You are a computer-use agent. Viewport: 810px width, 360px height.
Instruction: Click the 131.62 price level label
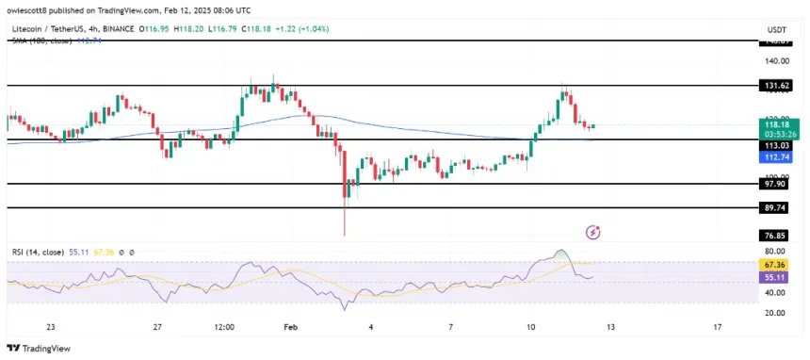778,85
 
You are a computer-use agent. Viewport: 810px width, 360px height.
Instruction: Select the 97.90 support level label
778,185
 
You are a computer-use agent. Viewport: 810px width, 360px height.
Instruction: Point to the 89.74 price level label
778,208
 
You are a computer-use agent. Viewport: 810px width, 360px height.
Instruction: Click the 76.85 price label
778,236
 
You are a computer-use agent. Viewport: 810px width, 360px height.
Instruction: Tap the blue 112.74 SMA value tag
778,158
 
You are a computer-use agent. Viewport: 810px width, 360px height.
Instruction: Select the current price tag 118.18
778,123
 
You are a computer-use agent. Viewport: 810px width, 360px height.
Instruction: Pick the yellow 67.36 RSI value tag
778,266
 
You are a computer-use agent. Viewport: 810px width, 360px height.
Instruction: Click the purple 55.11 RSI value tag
778,279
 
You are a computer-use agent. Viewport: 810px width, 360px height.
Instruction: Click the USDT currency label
778,30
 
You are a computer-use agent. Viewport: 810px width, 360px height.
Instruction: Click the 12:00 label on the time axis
224,327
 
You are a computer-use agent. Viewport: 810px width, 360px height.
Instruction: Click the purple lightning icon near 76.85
593,231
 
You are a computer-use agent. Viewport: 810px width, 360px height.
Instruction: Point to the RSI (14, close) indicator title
38,253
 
